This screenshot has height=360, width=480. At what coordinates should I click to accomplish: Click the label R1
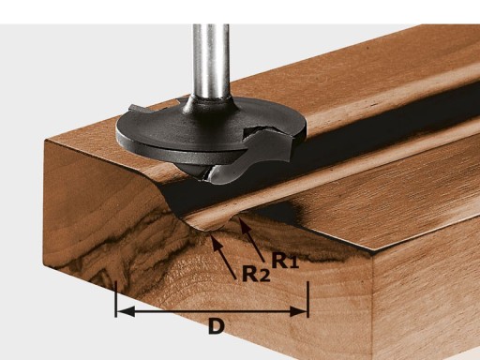(285, 261)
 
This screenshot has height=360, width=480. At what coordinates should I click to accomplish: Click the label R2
(256, 274)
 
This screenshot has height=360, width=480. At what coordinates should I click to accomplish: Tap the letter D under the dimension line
(217, 326)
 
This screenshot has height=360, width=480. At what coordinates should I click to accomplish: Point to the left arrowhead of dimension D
(126, 311)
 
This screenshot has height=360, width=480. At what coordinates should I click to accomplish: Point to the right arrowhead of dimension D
(298, 311)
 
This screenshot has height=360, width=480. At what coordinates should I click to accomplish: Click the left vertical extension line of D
(116, 299)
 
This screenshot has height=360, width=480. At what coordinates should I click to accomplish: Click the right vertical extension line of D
(308, 299)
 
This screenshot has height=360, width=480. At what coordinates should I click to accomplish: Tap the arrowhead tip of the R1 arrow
(239, 217)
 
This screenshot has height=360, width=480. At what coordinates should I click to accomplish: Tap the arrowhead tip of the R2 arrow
(211, 235)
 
